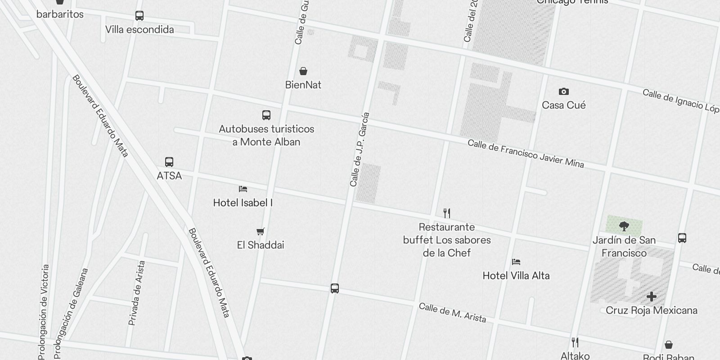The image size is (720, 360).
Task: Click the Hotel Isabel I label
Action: point(243,203)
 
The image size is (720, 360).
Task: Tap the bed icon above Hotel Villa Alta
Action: point(516,262)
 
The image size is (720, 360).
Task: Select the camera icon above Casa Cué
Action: point(563,92)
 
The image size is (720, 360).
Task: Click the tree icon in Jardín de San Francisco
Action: point(624,226)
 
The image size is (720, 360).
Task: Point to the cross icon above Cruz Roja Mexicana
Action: point(651,297)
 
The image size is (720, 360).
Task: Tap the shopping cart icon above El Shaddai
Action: point(260,232)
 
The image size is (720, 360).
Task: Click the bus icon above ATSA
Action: point(169,162)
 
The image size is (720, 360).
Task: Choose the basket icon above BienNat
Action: point(303,71)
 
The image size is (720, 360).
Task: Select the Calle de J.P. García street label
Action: point(360,149)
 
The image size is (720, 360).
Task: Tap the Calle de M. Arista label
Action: point(452,313)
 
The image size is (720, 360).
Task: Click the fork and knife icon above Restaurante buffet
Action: point(447,213)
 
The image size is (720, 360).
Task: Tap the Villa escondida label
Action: point(139,30)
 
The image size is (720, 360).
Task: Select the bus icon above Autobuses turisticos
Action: point(266,115)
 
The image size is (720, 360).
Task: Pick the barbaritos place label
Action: point(60,14)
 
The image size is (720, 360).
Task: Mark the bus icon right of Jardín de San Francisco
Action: point(682,238)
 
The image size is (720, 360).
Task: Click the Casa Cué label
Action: point(563,105)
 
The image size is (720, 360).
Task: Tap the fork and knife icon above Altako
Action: point(575,342)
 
